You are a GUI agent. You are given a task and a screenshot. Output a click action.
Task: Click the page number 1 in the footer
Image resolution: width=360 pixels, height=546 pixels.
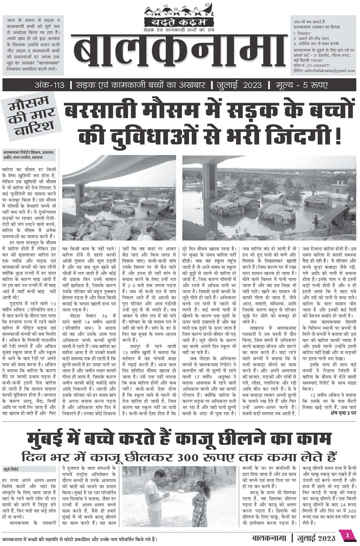347,535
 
